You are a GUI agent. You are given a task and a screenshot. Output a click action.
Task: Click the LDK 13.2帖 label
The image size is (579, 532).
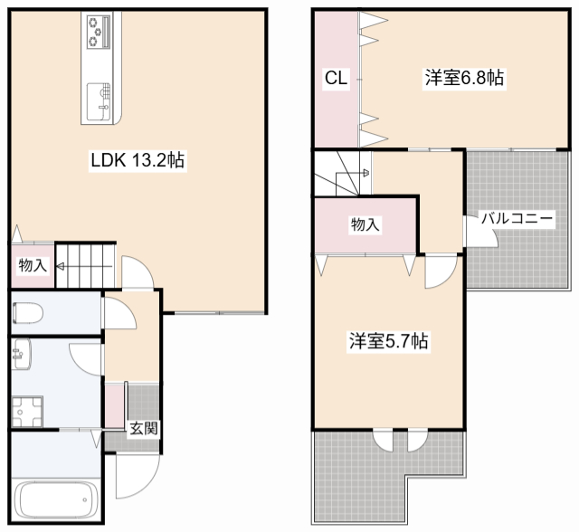(x=138, y=161)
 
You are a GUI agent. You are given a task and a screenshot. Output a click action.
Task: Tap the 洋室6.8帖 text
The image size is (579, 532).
(x=464, y=79)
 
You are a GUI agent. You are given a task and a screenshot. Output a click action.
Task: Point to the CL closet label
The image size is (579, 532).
(x=336, y=79)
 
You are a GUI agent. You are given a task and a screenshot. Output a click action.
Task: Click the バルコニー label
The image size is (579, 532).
(x=517, y=218)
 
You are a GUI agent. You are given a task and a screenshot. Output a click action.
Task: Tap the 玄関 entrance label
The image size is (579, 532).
(x=143, y=427)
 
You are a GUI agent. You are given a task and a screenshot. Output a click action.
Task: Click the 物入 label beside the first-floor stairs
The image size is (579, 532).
(x=33, y=266)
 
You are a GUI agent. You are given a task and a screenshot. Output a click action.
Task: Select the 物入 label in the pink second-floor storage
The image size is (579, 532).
(x=365, y=224)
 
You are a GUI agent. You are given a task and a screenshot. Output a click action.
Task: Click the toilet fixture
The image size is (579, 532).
(x=28, y=313)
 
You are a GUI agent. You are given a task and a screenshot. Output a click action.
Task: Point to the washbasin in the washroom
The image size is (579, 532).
(x=21, y=355)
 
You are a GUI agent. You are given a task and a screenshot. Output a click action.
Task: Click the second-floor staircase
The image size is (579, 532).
(x=342, y=173)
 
